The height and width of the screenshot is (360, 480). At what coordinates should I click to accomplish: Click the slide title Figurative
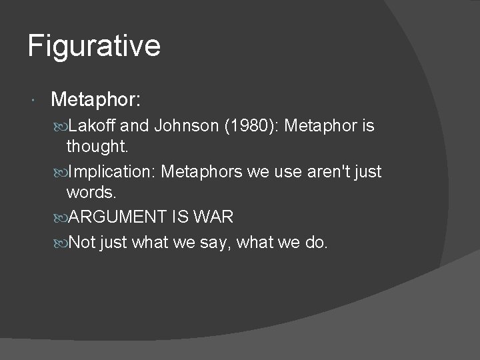(94, 47)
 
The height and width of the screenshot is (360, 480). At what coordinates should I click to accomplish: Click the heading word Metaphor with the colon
(95, 100)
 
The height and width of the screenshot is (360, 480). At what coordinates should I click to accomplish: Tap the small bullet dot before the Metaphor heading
(34, 101)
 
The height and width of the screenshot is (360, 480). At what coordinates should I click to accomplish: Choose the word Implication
(111, 172)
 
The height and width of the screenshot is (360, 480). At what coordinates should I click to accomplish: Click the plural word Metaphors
(203, 172)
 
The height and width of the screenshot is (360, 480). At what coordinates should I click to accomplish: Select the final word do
(315, 243)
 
